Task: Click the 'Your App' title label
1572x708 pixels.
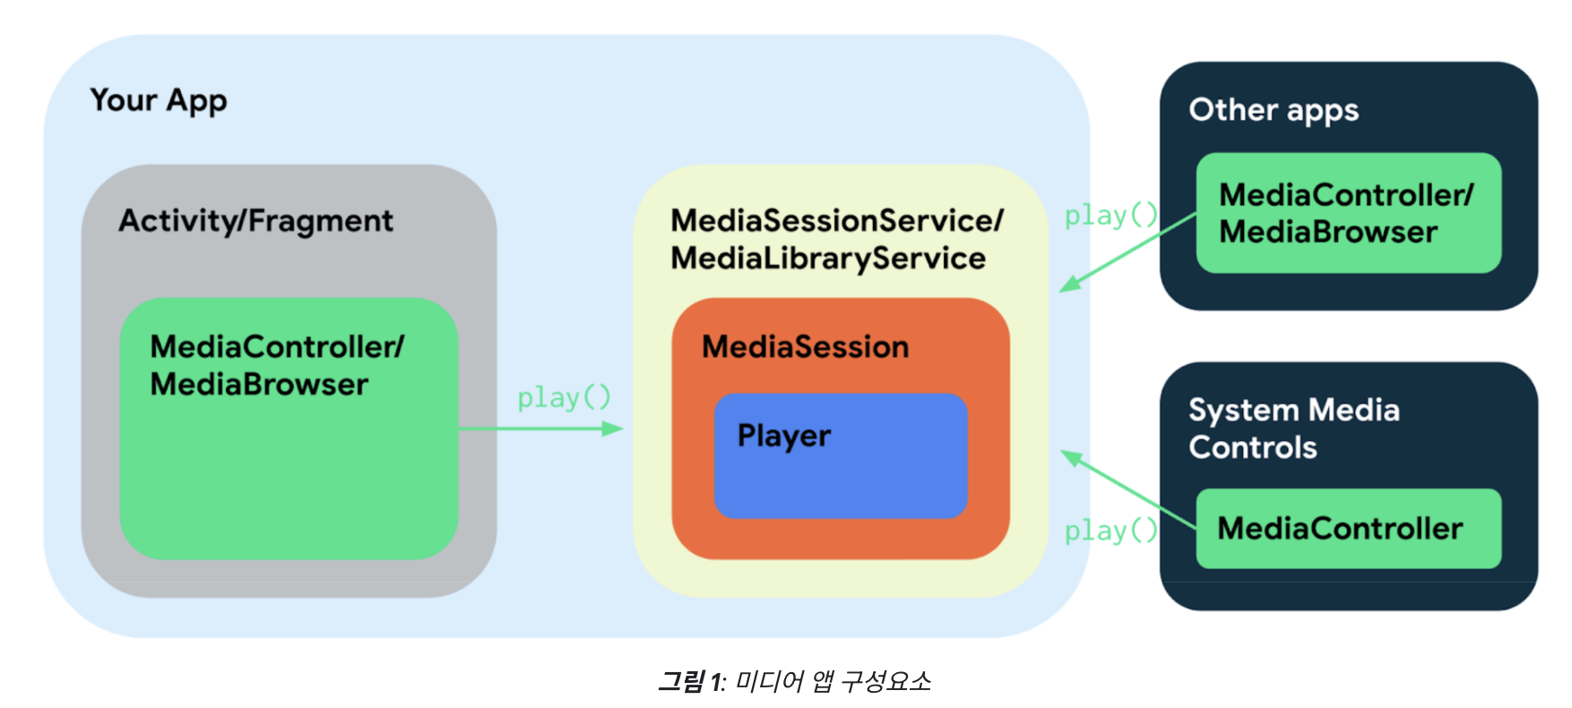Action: click(x=159, y=100)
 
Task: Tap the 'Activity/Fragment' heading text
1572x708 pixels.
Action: click(x=255, y=220)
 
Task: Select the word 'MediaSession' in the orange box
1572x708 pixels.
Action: click(x=805, y=347)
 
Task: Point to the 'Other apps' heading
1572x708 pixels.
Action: click(x=1273, y=110)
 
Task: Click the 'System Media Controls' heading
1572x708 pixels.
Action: click(x=1293, y=428)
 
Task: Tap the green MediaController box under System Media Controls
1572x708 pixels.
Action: click(x=1348, y=529)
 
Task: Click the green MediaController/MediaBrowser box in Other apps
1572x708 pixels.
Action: click(x=1348, y=213)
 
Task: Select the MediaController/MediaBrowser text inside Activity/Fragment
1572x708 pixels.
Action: click(x=276, y=366)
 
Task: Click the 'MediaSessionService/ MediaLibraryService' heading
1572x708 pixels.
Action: click(x=836, y=239)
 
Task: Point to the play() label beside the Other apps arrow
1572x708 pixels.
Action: click(x=1110, y=215)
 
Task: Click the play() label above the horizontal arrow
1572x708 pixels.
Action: click(x=564, y=397)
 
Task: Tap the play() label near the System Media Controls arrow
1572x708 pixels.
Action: click(x=1110, y=531)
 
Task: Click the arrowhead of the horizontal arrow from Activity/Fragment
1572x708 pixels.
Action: click(x=614, y=429)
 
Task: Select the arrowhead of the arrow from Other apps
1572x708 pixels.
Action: click(x=1069, y=285)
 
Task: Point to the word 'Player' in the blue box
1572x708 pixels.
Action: click(x=783, y=436)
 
